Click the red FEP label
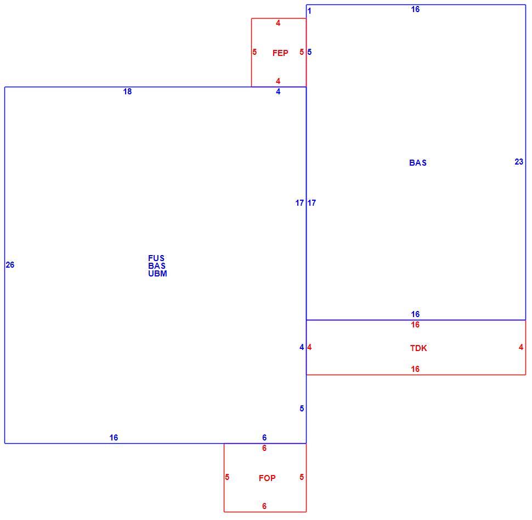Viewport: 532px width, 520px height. pyautogui.click(x=280, y=53)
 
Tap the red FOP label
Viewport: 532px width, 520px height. pyautogui.click(x=267, y=478)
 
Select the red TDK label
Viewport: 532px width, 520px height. pyautogui.click(x=418, y=348)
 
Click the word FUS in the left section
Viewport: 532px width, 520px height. pyautogui.click(x=156, y=258)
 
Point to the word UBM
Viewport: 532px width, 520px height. pyautogui.click(x=157, y=274)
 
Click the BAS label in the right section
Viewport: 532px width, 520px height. pyautogui.click(x=418, y=163)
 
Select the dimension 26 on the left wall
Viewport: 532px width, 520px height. pyautogui.click(x=10, y=265)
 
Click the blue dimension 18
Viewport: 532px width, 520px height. pyautogui.click(x=127, y=92)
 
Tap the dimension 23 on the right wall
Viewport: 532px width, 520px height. pyautogui.click(x=519, y=162)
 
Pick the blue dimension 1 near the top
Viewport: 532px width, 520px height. pyautogui.click(x=309, y=11)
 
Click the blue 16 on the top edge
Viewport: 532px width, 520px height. pyautogui.click(x=415, y=9)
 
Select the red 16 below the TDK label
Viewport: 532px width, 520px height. pyautogui.click(x=415, y=369)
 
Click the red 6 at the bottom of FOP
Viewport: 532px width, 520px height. pyautogui.click(x=264, y=506)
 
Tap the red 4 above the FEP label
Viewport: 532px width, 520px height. pyautogui.click(x=278, y=23)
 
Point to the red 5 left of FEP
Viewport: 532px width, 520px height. pyautogui.click(x=254, y=52)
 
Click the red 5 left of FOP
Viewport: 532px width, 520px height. pyautogui.click(x=227, y=477)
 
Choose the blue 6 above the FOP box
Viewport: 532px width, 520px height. pyautogui.click(x=264, y=438)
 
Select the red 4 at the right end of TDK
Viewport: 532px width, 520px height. pyautogui.click(x=521, y=347)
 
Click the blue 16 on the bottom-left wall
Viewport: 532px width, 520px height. pyautogui.click(x=114, y=438)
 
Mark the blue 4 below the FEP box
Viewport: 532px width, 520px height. pyautogui.click(x=278, y=92)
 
